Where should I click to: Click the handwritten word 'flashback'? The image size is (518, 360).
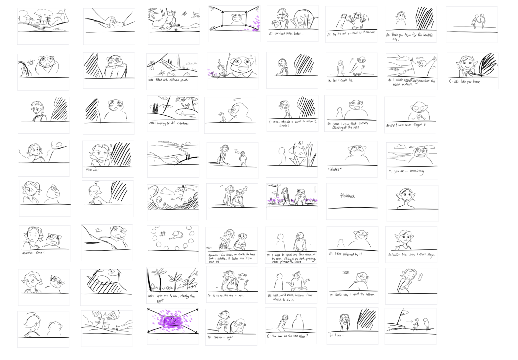click(x=347, y=196)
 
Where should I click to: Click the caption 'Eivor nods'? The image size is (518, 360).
click(x=92, y=170)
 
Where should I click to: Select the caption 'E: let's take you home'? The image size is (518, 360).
click(x=465, y=82)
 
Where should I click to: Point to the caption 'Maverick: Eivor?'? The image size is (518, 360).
click(x=33, y=253)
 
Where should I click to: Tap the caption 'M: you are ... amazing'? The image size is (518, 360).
click(x=406, y=171)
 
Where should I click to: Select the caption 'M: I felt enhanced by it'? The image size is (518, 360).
click(x=345, y=254)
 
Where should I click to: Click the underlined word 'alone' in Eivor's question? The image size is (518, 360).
click(x=302, y=336)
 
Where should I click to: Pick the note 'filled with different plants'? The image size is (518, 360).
click(x=168, y=80)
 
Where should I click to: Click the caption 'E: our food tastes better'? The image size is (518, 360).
click(x=286, y=34)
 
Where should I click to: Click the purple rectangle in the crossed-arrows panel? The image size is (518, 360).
click(x=173, y=321)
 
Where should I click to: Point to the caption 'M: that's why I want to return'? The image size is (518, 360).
click(x=352, y=295)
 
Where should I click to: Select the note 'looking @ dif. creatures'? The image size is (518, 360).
click(x=169, y=123)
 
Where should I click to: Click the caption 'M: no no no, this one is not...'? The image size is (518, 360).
click(x=226, y=296)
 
